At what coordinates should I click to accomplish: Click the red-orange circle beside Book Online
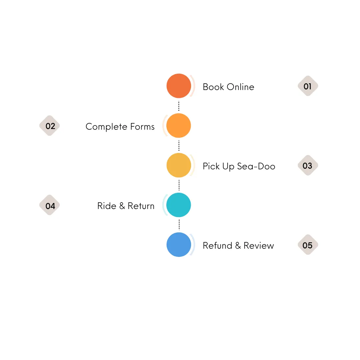[179, 86]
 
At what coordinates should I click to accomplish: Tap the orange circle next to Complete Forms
[179, 126]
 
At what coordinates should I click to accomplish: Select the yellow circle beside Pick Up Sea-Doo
[179, 165]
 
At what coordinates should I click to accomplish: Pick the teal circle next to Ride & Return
[179, 205]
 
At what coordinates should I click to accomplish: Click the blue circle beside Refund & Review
[179, 245]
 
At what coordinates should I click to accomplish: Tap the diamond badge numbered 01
[308, 86]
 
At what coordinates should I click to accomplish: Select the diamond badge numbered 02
[50, 126]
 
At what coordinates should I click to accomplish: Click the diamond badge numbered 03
[308, 165]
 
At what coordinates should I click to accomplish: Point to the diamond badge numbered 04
[50, 205]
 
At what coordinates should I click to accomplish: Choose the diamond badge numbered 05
[308, 245]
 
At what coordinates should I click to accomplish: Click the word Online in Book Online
[240, 87]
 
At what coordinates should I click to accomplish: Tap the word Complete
[106, 127]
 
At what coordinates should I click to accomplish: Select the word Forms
[142, 127]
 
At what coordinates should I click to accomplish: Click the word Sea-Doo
[256, 166]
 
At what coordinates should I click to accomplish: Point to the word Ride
[107, 206]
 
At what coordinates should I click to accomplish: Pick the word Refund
[217, 246]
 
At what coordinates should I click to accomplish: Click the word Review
[259, 246]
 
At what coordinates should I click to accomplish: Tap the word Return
[141, 206]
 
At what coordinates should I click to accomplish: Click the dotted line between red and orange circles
[179, 106]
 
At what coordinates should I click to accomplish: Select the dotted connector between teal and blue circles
[179, 225]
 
